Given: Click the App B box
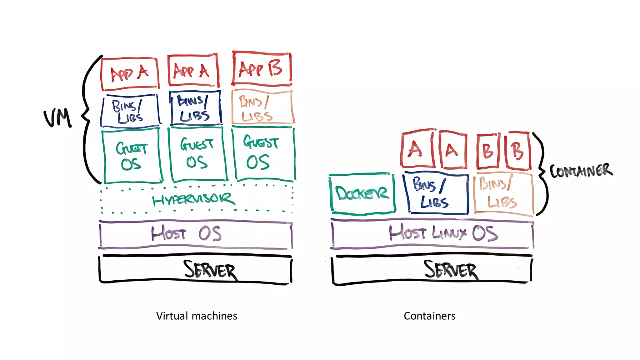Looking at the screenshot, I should coord(262,69).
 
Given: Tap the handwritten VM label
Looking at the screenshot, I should coord(58,118).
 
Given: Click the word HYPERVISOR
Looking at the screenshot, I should coord(193,199).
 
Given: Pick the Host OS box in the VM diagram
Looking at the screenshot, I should coord(196,234).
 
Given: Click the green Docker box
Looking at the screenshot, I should coord(362,194).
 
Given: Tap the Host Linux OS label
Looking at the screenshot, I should coord(443,233).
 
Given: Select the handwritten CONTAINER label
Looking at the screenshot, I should coord(581,171).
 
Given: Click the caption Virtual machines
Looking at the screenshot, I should coord(197,316).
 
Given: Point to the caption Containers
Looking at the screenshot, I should coord(429,316).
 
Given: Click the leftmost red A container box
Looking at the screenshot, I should coord(417,149).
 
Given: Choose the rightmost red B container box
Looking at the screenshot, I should coord(518,151).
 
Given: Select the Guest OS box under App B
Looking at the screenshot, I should coord(263,154).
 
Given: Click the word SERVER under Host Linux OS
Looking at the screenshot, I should coord(451,270).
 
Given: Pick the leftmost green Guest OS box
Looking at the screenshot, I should coord(132,156).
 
